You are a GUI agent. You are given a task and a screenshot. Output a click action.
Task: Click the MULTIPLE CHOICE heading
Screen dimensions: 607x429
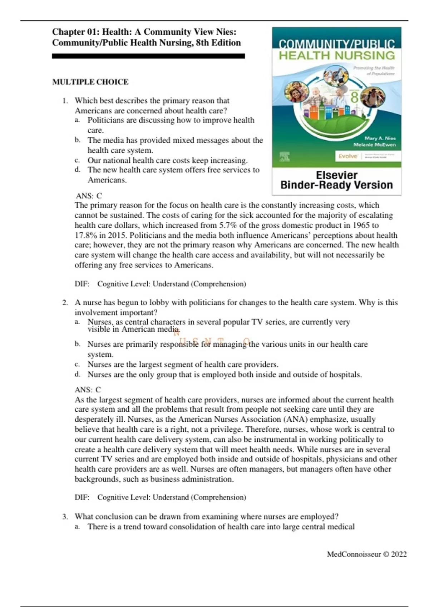[x=90, y=82]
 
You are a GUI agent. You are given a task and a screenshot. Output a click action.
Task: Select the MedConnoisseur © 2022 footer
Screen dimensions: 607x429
[x=367, y=554]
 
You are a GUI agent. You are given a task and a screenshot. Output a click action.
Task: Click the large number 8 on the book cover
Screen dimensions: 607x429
[x=354, y=97]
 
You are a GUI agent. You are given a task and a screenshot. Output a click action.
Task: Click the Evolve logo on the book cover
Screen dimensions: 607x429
[x=348, y=156]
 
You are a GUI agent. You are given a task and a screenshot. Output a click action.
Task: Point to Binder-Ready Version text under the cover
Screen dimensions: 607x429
[x=336, y=185]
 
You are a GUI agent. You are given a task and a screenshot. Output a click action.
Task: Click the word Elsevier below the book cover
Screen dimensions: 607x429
[x=336, y=175]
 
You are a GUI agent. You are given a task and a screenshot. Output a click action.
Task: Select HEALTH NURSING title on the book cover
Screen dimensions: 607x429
[x=336, y=56]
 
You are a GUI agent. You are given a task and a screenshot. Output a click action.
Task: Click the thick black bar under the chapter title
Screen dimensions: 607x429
[x=148, y=56]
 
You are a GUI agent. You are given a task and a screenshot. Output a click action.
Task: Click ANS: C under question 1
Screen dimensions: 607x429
[x=89, y=196]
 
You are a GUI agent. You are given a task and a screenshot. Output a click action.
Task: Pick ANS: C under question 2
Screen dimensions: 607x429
[x=88, y=390]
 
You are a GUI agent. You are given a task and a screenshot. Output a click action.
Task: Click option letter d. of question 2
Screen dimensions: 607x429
[x=77, y=375]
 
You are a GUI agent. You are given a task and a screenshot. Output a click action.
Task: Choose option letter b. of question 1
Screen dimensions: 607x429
[x=77, y=140]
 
